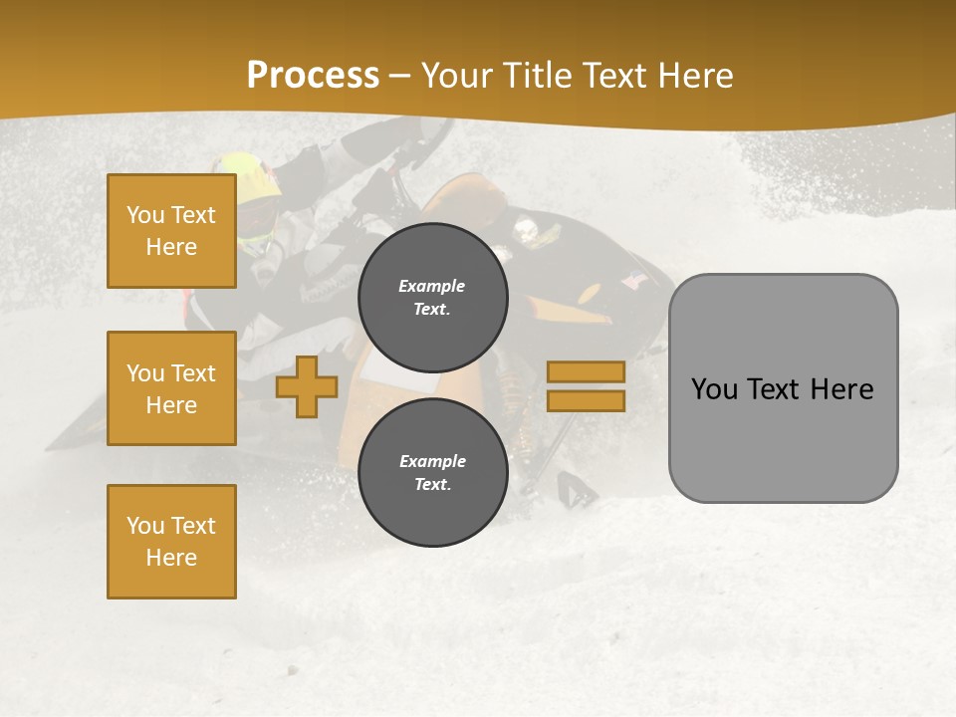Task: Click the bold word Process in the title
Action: (313, 76)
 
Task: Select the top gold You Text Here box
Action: (171, 231)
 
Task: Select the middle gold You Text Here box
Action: (171, 388)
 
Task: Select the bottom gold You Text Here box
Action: (171, 542)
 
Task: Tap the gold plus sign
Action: (307, 386)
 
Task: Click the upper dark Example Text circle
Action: (432, 298)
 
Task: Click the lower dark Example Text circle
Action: (432, 473)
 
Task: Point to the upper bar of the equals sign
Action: (586, 371)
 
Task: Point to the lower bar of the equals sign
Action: (586, 401)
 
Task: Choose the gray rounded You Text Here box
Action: (783, 388)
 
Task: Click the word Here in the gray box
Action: (842, 389)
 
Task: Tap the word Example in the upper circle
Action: (432, 287)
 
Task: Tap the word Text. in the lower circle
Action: (432, 485)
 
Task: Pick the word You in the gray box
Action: (714, 389)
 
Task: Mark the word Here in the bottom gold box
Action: (171, 558)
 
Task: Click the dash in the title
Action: (400, 76)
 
